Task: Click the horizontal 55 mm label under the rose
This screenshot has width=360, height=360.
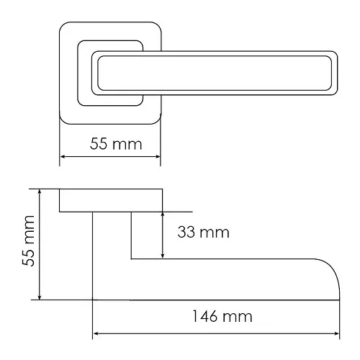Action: [116, 144]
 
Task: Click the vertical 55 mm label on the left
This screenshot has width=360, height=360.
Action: [28, 240]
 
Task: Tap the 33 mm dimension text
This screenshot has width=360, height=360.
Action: [204, 233]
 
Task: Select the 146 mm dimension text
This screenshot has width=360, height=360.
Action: [222, 316]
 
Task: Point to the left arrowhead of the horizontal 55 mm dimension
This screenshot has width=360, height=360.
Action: [62, 157]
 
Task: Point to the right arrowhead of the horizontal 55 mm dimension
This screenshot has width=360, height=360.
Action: [158, 157]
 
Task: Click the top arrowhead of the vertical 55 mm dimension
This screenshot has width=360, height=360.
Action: [40, 192]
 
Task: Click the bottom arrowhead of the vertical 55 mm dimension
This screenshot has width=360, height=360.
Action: [40, 297]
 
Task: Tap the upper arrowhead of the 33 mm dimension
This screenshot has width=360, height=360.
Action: [163, 215]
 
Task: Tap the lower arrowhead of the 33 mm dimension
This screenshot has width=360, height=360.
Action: [163, 256]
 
